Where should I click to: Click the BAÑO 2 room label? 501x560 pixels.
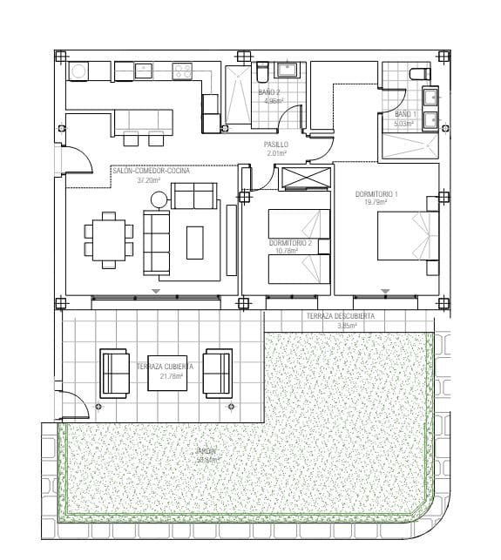(268, 91)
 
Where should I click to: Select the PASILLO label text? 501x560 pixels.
(276, 144)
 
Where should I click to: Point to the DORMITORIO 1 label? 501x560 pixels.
(376, 192)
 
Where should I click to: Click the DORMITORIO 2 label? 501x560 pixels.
(290, 241)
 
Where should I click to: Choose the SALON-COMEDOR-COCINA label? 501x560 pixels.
(151, 172)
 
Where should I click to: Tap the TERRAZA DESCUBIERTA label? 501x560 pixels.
(340, 316)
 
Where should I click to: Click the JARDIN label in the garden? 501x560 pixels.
(206, 451)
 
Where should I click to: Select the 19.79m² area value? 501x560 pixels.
(376, 201)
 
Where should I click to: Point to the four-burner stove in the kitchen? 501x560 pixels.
(182, 71)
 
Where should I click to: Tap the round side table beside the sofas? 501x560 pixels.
(159, 199)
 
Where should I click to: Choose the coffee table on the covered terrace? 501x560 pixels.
(166, 373)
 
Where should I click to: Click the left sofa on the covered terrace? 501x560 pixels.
(114, 372)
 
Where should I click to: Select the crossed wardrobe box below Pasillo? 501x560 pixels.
(302, 178)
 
